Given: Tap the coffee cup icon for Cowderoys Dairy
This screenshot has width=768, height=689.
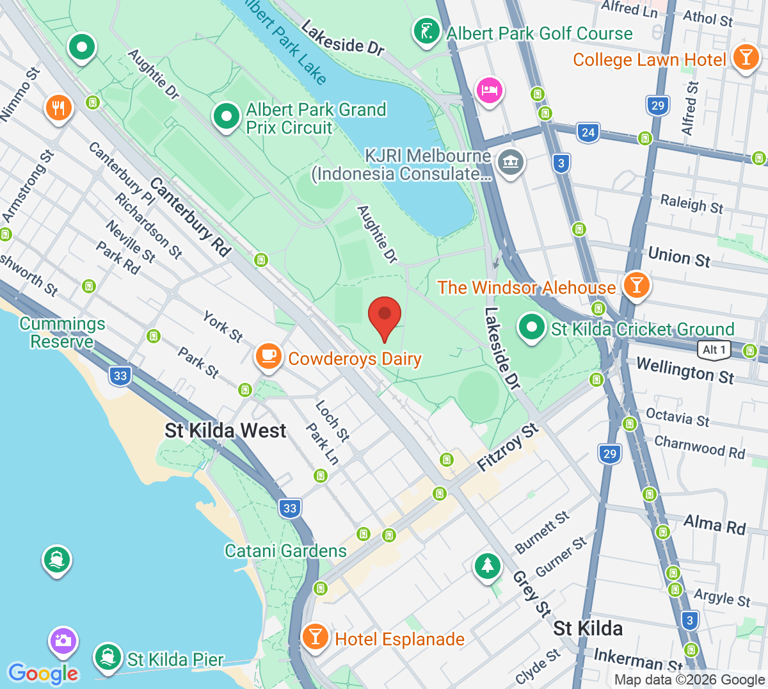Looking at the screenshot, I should click(x=269, y=356).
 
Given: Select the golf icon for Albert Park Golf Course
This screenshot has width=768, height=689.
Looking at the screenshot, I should click(x=426, y=31).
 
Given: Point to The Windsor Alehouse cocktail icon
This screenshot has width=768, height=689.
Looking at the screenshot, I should click(x=636, y=285).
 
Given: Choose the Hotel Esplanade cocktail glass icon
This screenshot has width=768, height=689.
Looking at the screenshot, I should click(x=315, y=637).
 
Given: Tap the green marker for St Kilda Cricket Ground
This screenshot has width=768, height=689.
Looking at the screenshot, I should click(x=531, y=327).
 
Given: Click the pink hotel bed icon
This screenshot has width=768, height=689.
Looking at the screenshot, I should click(x=489, y=90).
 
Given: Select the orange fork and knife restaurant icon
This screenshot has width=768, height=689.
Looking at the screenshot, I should click(x=58, y=108).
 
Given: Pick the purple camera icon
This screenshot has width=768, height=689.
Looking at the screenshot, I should click(x=63, y=640).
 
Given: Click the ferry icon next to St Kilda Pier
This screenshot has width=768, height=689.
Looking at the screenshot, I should click(x=108, y=657).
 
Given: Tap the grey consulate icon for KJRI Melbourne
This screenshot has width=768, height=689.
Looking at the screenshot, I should click(x=511, y=162).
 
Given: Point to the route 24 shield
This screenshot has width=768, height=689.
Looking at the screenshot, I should click(x=588, y=133).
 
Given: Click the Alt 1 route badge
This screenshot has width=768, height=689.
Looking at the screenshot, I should click(x=714, y=350).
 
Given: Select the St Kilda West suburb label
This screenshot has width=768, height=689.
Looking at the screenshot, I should click(x=225, y=430).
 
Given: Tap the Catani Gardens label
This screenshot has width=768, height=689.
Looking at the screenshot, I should click(x=285, y=551).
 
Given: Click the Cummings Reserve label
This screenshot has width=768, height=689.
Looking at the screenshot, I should click(x=62, y=332).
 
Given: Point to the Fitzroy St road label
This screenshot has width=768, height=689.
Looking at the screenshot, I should click(x=508, y=448).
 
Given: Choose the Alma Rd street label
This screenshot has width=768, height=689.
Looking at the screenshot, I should click(x=714, y=524).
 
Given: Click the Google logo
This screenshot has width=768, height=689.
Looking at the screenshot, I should click(x=43, y=674).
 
